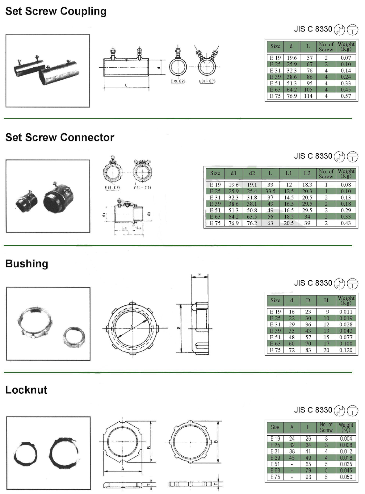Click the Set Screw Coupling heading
[56, 11]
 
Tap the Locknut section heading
[26, 390]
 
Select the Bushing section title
[27, 264]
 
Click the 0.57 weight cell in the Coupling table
[346, 96]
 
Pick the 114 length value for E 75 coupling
[308, 96]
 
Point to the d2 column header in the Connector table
[252, 173]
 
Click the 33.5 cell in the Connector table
[270, 191]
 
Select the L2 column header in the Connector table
[307, 173]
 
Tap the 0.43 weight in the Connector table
[346, 223]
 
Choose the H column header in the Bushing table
[326, 300]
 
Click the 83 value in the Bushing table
[308, 350]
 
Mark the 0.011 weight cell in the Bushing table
[346, 312]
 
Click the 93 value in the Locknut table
[308, 477]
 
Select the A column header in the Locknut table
[292, 427]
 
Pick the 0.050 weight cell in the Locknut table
[346, 477]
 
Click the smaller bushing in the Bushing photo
[74, 337]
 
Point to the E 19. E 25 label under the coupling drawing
[178, 81]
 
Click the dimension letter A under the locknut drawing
[123, 469]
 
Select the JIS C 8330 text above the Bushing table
[313, 283]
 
